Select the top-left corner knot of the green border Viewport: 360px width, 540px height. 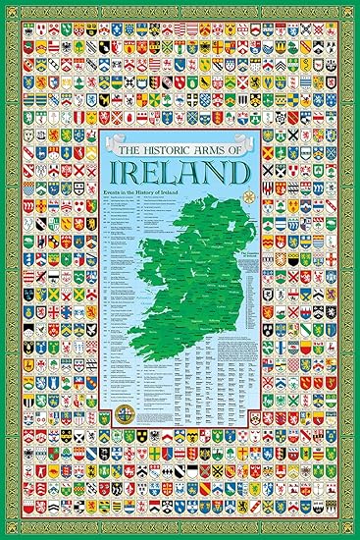pyautogui.click(x=8, y=8)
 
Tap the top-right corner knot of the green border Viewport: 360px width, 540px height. pyautogui.click(x=352, y=8)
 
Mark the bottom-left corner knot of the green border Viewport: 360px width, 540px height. pyautogui.click(x=8, y=532)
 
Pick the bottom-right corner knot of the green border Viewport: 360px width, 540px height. pyautogui.click(x=352, y=532)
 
